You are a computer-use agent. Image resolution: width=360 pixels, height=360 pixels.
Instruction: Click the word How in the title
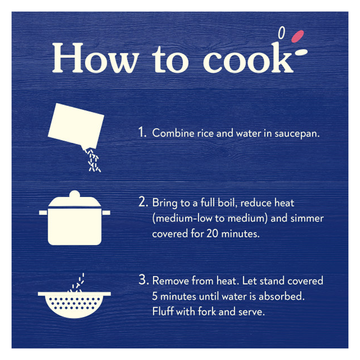[95, 58]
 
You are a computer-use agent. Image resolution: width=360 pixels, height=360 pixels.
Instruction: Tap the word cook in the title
[248, 58]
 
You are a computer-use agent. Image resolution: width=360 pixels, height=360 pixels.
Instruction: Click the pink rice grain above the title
[297, 36]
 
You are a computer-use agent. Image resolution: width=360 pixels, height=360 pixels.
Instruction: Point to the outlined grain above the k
[282, 32]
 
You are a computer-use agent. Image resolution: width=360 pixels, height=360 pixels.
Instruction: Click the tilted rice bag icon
[76, 126]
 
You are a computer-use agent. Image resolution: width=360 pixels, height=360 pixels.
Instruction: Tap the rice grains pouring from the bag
[93, 161]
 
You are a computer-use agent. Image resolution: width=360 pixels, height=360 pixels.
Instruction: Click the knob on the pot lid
[75, 194]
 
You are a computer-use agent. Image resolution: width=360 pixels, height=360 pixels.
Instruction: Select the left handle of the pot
[43, 212]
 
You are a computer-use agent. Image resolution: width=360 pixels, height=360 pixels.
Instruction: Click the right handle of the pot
[106, 212]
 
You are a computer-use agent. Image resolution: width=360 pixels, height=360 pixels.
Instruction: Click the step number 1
[142, 132]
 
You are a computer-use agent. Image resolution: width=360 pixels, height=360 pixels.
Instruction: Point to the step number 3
[143, 280]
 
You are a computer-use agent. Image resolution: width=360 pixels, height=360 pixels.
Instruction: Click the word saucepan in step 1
[297, 134]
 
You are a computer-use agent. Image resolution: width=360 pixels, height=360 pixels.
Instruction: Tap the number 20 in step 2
[212, 234]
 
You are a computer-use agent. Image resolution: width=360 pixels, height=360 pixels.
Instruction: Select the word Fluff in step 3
[163, 311]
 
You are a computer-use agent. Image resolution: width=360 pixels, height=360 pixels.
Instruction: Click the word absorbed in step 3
[282, 296]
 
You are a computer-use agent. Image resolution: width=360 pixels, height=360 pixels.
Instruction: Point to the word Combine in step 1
[173, 133]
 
